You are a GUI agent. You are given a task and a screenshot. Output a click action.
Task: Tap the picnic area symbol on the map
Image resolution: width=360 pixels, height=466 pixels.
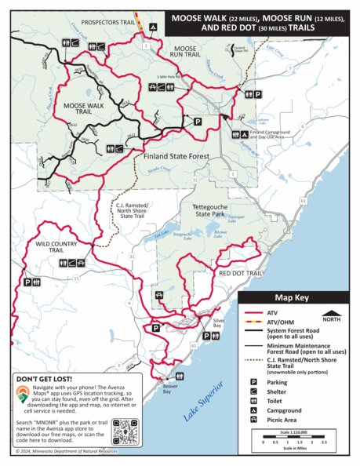tap(160, 295)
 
